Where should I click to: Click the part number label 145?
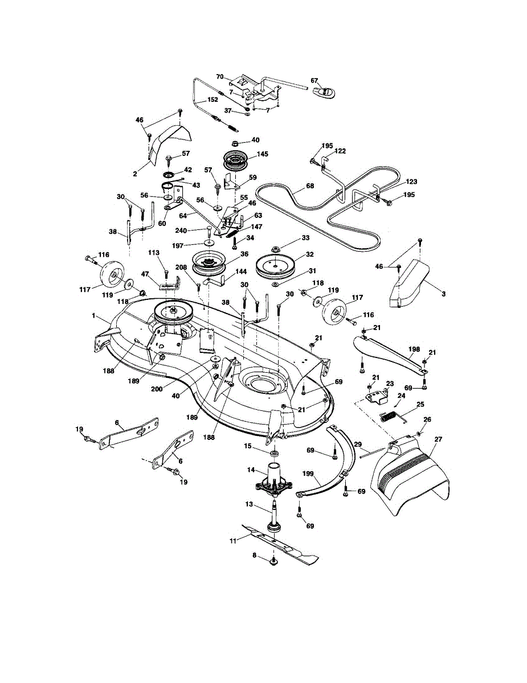click(262, 154)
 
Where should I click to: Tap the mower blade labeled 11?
click(279, 544)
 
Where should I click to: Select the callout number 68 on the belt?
click(309, 186)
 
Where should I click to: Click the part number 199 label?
click(308, 474)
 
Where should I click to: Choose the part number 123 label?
click(411, 182)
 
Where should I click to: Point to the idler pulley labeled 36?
click(207, 264)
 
